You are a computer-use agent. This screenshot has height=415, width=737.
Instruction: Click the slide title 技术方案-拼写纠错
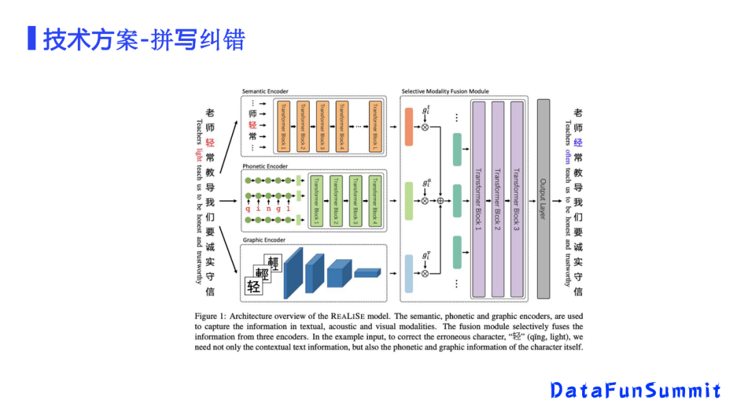143,40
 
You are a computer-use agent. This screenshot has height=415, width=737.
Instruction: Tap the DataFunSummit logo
635,390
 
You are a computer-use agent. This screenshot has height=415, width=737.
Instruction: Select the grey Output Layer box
543,199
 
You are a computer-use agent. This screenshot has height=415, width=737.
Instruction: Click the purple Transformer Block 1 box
478,199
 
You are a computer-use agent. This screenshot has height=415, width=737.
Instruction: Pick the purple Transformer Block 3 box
517,199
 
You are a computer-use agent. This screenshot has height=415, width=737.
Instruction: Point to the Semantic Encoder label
265,91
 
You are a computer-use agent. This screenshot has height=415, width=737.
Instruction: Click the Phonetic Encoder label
265,167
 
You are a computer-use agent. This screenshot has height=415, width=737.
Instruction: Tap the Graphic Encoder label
264,240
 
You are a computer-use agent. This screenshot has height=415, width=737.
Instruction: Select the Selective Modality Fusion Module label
445,91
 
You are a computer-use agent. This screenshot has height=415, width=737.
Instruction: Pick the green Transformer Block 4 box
374,200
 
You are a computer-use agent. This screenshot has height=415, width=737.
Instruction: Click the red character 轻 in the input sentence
210,143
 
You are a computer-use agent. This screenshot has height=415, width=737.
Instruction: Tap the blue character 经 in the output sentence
578,143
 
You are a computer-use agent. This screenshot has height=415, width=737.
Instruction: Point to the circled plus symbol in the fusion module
440,201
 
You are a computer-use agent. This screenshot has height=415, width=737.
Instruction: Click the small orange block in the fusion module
409,126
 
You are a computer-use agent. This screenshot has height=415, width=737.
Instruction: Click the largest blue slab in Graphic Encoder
293,273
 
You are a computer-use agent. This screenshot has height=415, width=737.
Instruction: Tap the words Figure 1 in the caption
210,317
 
